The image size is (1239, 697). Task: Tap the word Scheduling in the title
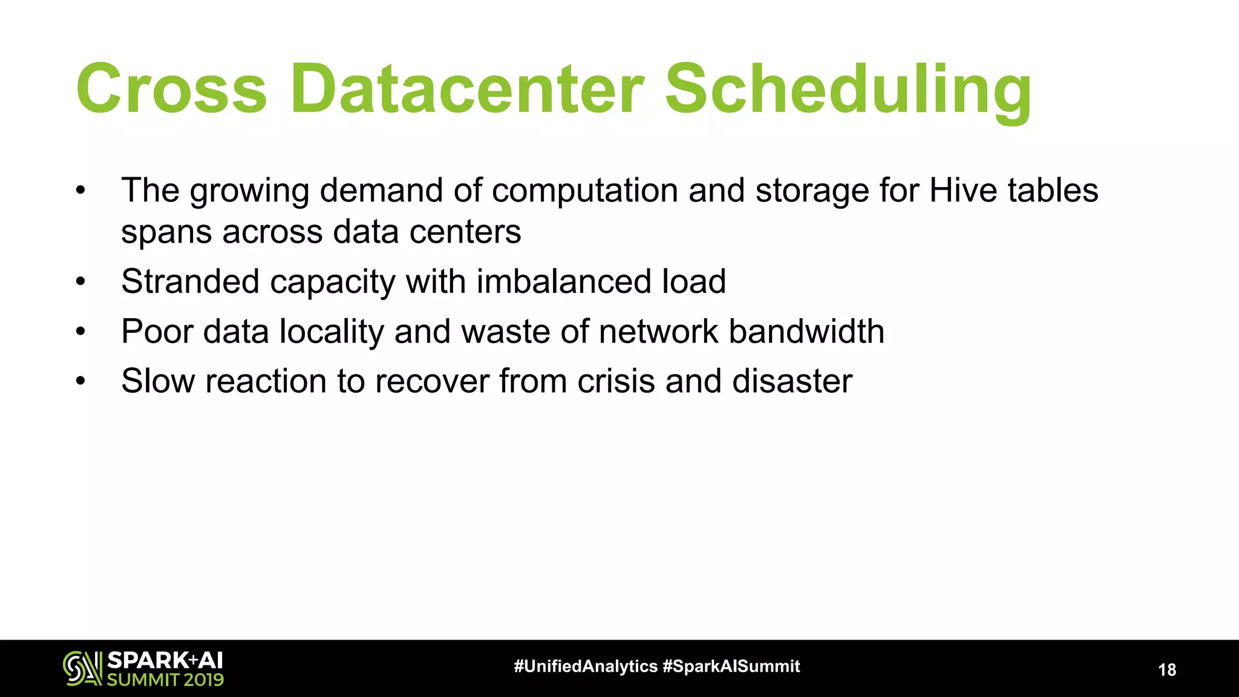848,91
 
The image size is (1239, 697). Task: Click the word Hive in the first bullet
964,190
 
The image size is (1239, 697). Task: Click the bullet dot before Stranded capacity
80,282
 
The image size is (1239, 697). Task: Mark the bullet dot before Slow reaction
80,381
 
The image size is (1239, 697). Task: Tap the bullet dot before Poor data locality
80,332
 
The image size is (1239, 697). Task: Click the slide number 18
1167,670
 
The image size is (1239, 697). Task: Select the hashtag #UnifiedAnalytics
585,667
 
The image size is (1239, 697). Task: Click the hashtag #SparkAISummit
731,667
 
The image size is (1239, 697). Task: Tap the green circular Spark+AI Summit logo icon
82,669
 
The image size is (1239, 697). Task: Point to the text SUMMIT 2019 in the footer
165,680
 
